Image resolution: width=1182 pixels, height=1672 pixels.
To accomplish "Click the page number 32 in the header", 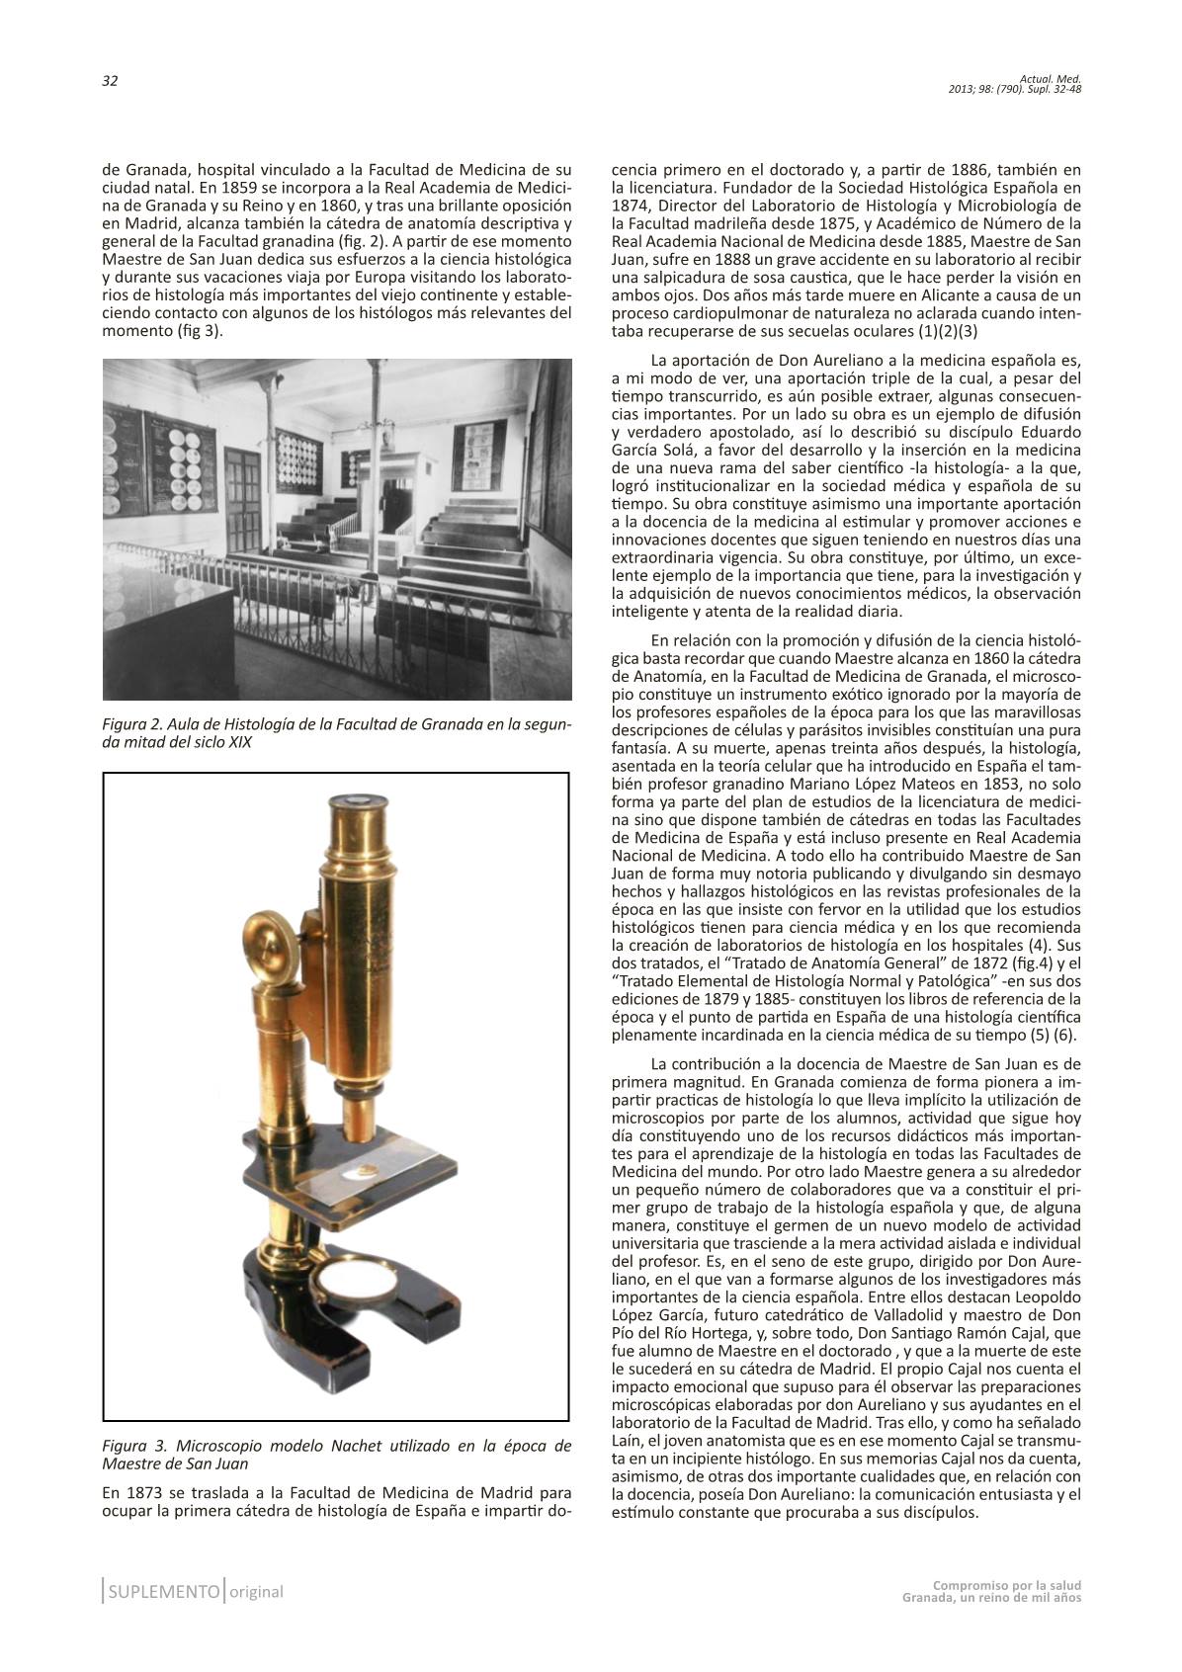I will pos(110,82).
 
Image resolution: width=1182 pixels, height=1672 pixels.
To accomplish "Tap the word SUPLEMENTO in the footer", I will pos(164,1592).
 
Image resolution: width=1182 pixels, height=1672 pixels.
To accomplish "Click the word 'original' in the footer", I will pos(256,1592).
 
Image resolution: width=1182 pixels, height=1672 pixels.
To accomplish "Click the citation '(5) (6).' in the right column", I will pos(1050,1035).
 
